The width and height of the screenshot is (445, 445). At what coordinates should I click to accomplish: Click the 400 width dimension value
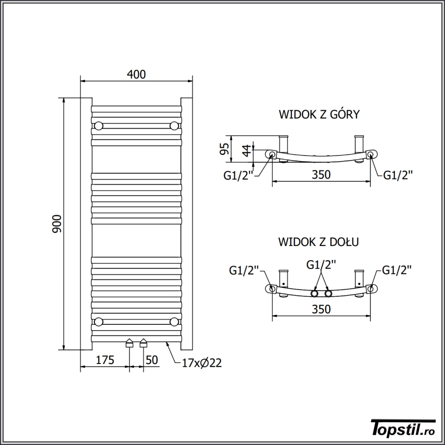[136, 74]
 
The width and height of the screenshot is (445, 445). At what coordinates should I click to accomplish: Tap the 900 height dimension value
[57, 224]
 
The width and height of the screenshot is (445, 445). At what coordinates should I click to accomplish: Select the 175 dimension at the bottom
[105, 360]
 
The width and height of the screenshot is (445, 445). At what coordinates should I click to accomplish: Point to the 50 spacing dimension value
[152, 360]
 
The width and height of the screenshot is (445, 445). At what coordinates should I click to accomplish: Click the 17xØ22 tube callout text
[202, 363]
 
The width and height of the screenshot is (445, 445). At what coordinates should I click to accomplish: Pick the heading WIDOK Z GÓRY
[319, 114]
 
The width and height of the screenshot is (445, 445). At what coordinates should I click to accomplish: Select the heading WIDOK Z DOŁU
[319, 242]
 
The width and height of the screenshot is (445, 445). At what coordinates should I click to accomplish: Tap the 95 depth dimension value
[224, 149]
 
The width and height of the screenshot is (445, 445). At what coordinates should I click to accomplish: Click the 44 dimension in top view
[247, 150]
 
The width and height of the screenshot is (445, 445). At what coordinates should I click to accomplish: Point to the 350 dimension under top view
[321, 174]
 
